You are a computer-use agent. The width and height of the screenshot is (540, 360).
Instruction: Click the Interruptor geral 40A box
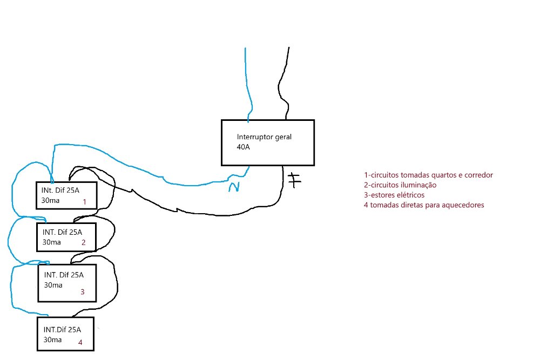pos(268,142)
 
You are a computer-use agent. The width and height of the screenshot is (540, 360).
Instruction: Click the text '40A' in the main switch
pos(244,147)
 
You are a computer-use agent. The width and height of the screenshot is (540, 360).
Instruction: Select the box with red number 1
pos(66,195)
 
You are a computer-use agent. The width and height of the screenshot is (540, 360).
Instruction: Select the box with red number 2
pos(66,237)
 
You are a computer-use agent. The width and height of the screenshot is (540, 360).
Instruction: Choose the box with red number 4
pos(65,334)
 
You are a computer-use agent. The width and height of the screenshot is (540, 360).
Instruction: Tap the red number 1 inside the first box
pos(84,201)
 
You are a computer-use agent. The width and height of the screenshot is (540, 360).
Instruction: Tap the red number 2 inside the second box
pos(83,242)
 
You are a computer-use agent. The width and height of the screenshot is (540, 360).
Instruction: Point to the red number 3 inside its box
pos(82,292)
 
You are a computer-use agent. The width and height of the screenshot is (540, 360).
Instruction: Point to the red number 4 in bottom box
pos(80,342)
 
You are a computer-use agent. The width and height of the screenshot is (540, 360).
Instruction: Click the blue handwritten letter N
pos(234,186)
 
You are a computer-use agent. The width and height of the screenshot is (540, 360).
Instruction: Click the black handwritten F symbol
pos(294,180)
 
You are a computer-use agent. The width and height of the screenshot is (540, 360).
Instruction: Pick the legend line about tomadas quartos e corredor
pos(429,175)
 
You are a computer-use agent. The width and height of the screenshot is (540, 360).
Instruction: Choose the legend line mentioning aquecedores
pos(424,205)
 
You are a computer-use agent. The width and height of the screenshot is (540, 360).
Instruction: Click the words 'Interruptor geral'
pos(265,137)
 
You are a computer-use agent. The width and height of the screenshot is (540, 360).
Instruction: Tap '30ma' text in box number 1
pos(50,201)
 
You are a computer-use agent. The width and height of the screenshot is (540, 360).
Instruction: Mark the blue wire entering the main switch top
pos(248,86)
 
